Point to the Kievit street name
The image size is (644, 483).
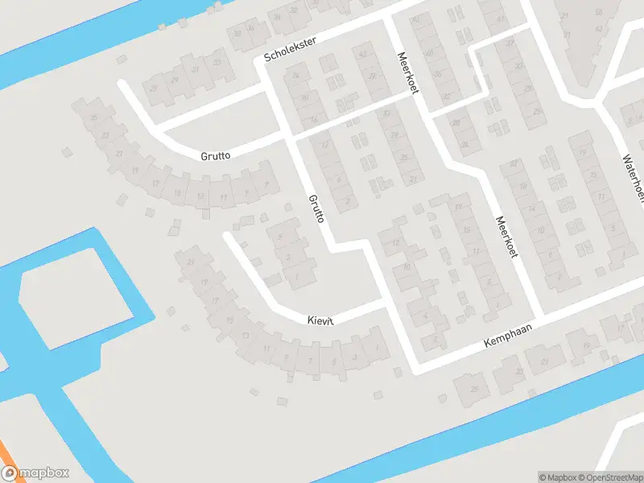coord(320,320)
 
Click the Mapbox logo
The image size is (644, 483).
coord(35,473)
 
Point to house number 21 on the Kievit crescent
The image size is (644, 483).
coord(191,263)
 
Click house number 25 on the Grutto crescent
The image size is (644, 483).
coord(95,119)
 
